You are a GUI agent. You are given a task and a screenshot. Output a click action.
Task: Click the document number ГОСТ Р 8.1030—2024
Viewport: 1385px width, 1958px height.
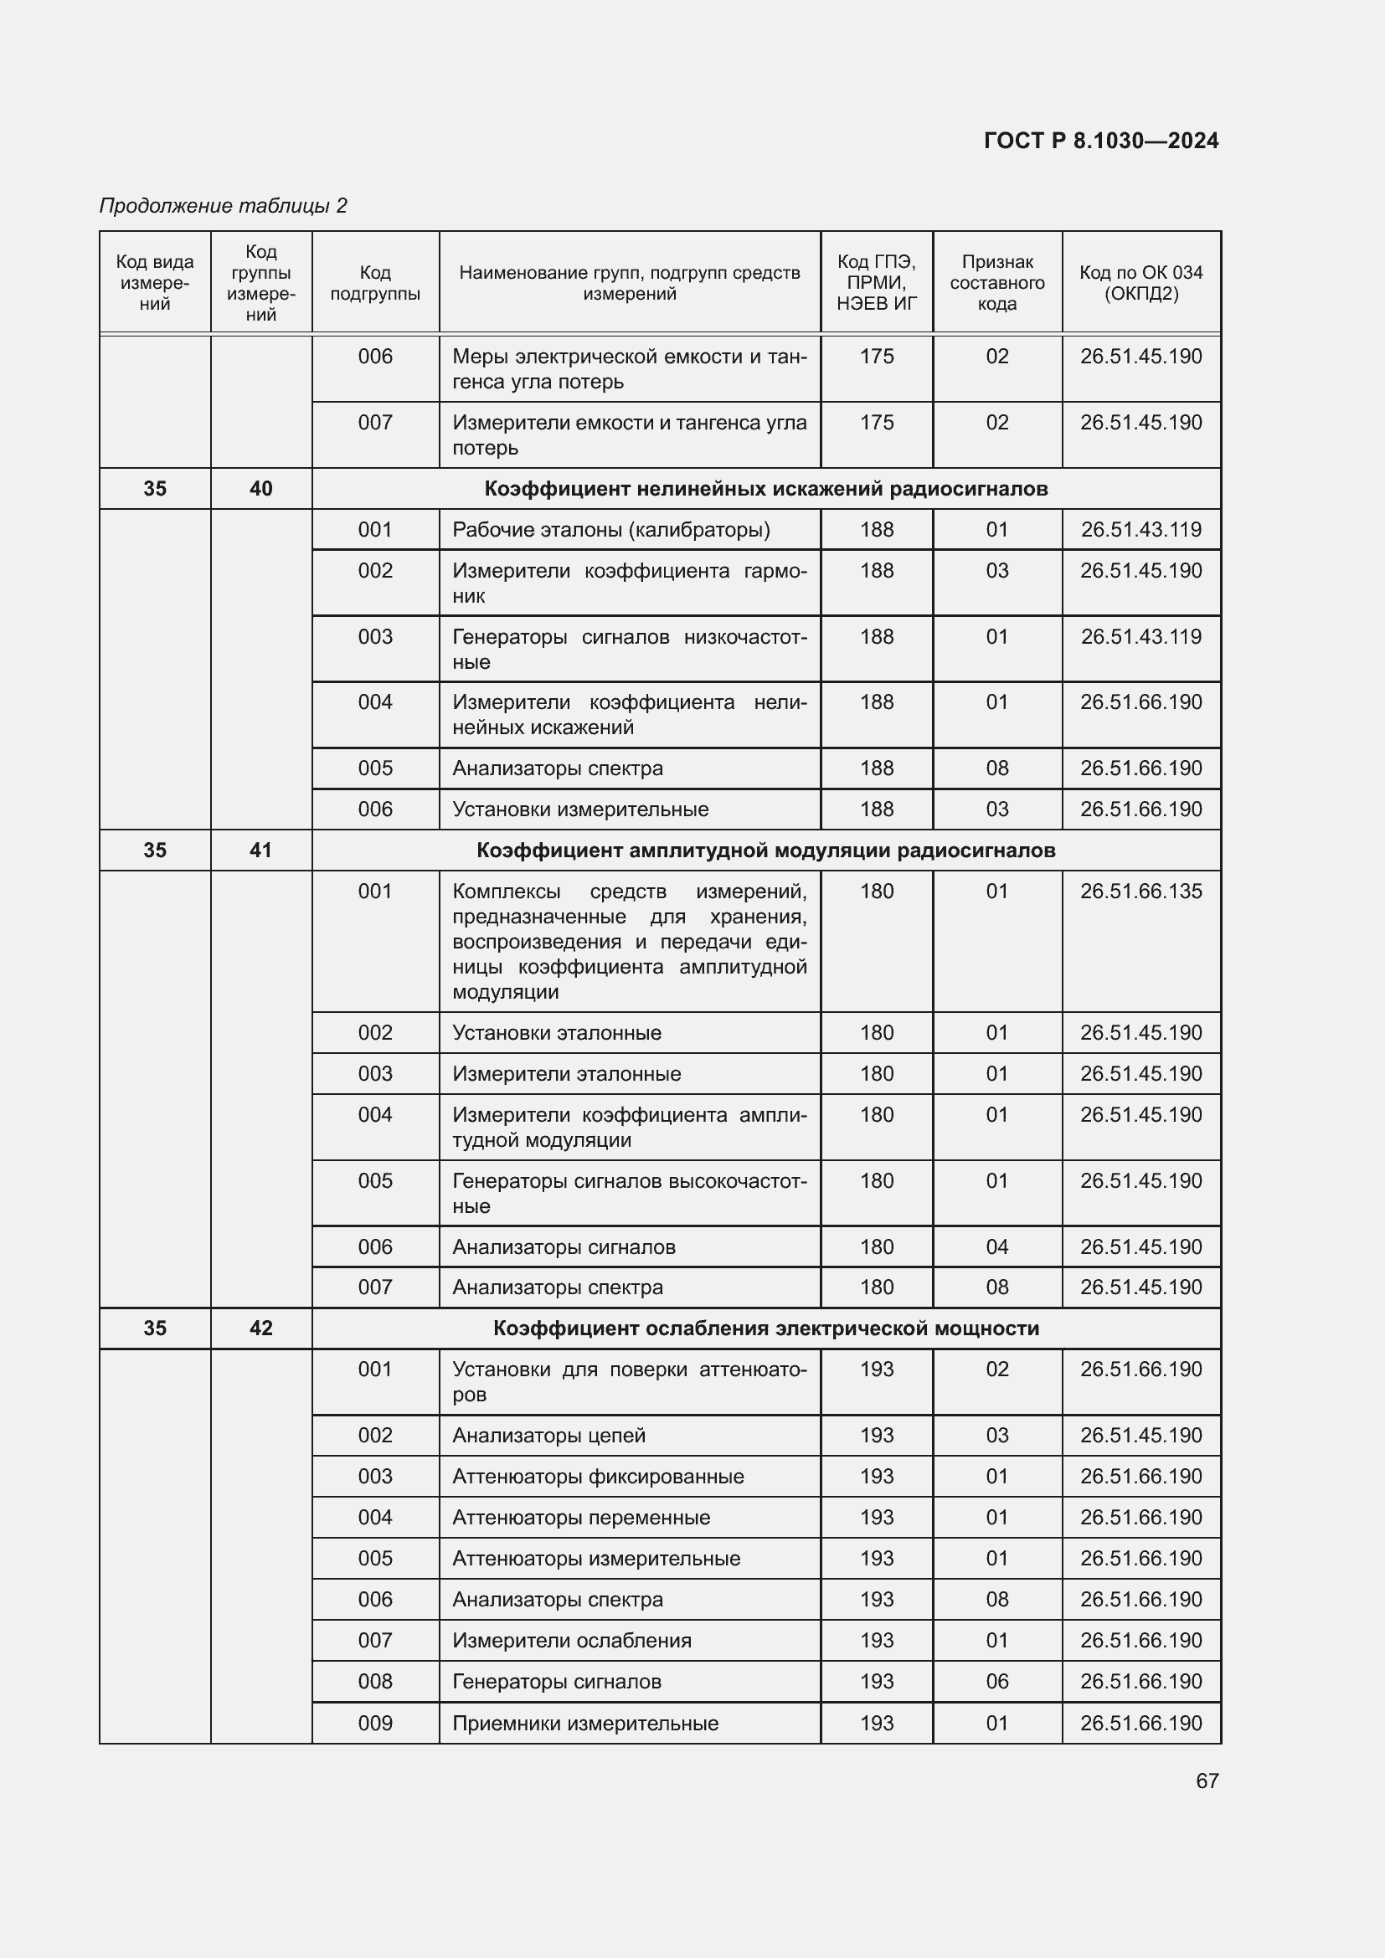pyautogui.click(x=1101, y=141)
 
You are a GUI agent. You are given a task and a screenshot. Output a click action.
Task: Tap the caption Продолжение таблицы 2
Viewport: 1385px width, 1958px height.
pyautogui.click(x=224, y=206)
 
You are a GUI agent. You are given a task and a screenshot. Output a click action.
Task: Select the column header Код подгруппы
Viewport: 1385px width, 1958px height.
pyautogui.click(x=375, y=283)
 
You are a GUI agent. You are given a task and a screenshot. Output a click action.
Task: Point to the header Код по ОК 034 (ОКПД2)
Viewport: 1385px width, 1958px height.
pyautogui.click(x=1141, y=283)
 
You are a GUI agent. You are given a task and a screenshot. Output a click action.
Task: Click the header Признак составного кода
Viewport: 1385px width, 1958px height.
pyautogui.click(x=997, y=283)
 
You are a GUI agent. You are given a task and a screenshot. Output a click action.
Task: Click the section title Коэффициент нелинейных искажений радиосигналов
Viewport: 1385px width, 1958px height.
pyautogui.click(x=766, y=489)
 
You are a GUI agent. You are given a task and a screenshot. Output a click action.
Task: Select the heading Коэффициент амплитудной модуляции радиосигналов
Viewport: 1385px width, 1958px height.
pyautogui.click(x=766, y=851)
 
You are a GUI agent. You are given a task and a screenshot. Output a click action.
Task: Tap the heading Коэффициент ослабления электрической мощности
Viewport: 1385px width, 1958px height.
pyautogui.click(x=766, y=1328)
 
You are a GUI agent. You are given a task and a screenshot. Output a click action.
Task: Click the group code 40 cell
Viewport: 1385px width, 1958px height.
pyautogui.click(x=261, y=489)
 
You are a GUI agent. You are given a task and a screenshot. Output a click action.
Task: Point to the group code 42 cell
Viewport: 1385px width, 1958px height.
pyautogui.click(x=261, y=1328)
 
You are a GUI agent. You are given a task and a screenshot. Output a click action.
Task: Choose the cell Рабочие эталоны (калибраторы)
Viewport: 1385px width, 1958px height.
pyautogui.click(x=610, y=530)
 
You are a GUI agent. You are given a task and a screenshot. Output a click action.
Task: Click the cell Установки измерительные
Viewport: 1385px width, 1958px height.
pyautogui.click(x=580, y=809)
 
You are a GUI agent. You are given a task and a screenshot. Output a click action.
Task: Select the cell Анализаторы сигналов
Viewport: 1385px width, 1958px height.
pyautogui.click(x=564, y=1246)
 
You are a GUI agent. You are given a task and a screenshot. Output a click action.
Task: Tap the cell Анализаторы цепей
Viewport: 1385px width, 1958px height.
pyautogui.click(x=548, y=1436)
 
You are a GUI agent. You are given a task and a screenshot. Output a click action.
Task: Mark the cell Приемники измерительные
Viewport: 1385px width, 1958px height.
pyautogui.click(x=585, y=1723)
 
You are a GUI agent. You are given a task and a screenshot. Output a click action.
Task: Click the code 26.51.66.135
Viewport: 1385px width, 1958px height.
pyautogui.click(x=1141, y=892)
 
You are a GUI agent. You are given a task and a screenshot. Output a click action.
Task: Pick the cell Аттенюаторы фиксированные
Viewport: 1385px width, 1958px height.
pyautogui.click(x=598, y=1476)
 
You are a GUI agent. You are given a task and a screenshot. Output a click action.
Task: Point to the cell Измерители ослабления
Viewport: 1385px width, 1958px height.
pyautogui.click(x=571, y=1640)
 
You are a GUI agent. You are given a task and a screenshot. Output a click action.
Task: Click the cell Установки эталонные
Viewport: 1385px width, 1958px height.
pyautogui.click(x=557, y=1033)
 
